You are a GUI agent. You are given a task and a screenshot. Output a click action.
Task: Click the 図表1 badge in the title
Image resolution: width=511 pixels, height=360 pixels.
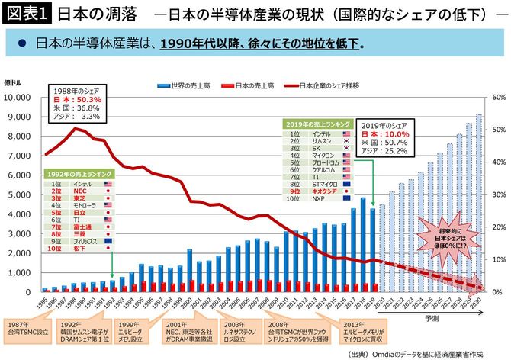tap(26, 14)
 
